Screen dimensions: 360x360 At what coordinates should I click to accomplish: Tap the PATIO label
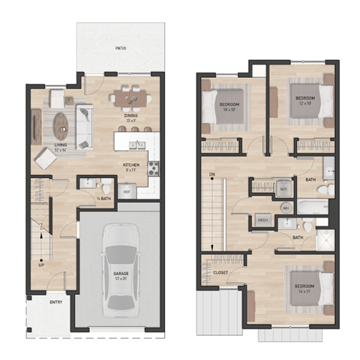(x=120, y=48)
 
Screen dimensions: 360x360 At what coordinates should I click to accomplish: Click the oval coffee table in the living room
(x=61, y=121)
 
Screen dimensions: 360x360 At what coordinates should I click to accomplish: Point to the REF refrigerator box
(x=127, y=192)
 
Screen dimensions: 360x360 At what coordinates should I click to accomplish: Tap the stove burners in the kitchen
(x=154, y=169)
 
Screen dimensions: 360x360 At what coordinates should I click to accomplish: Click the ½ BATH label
(x=105, y=199)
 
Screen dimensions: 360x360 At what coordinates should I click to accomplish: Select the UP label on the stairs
(x=40, y=264)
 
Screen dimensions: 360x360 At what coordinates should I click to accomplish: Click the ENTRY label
(x=55, y=302)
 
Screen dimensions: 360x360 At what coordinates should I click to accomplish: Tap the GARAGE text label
(x=120, y=274)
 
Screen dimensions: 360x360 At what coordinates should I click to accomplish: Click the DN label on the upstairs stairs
(x=212, y=175)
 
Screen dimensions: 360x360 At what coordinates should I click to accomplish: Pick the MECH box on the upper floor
(x=263, y=220)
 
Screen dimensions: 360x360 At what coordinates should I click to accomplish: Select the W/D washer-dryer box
(x=284, y=189)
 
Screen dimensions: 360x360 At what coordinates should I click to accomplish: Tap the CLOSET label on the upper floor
(x=220, y=273)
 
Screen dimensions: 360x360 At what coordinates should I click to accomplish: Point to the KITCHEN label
(x=131, y=166)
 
